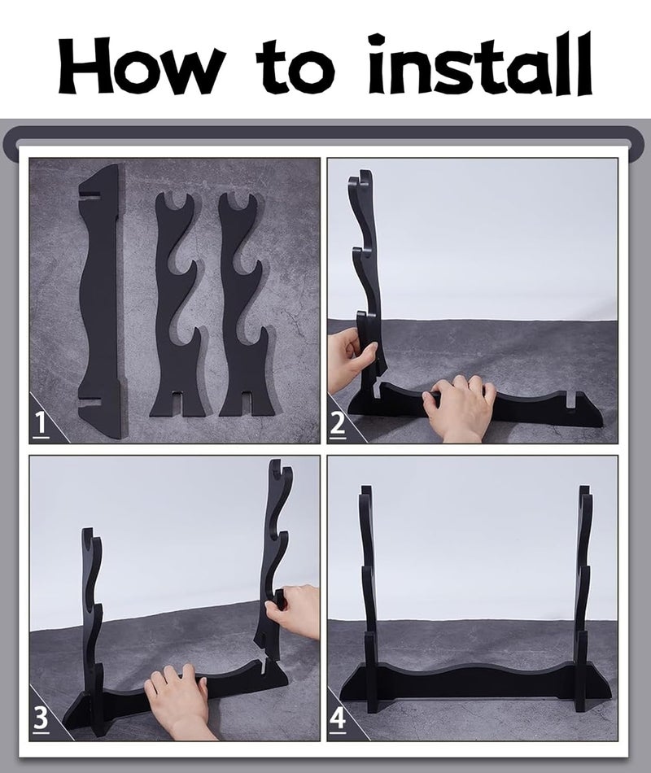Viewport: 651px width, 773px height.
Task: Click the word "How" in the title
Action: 140,66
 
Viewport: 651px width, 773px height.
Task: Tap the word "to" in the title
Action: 296,66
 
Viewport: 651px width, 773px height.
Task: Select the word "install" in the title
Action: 480,64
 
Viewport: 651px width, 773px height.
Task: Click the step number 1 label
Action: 41,425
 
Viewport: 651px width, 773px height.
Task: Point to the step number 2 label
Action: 338,425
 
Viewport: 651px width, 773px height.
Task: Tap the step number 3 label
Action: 41,720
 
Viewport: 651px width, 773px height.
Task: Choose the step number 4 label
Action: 338,720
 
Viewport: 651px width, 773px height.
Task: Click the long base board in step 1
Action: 101,301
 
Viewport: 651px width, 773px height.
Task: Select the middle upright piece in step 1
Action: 181,306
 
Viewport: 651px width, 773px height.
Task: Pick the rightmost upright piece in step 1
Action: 244,306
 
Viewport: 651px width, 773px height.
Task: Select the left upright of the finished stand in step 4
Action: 370,596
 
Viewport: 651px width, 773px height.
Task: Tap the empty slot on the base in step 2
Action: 571,400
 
